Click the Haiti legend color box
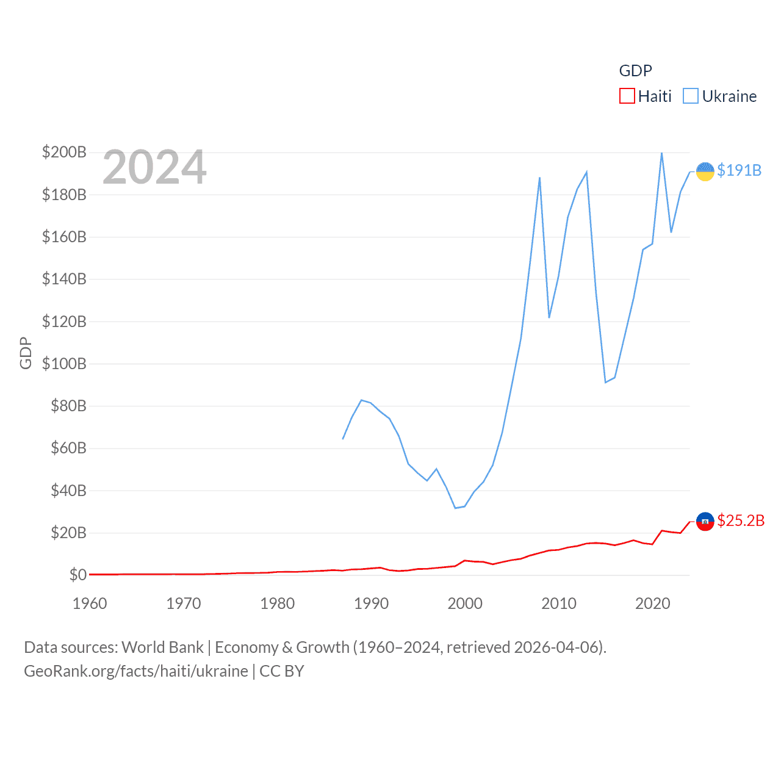pyautogui.click(x=627, y=96)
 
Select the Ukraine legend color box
pyautogui.click(x=691, y=96)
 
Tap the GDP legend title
pyautogui.click(x=635, y=71)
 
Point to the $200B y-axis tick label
pyautogui.click(x=64, y=152)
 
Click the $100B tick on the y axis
pyautogui.click(x=64, y=364)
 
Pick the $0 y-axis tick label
pyautogui.click(x=77, y=575)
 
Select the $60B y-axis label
pyautogui.click(x=68, y=448)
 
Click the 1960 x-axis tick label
pyautogui.click(x=90, y=603)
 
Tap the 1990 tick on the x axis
pyautogui.click(x=371, y=603)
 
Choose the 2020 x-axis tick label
pyautogui.click(x=652, y=603)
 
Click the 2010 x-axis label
pyautogui.click(x=559, y=603)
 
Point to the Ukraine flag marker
pyautogui.click(x=705, y=171)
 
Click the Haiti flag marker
pyautogui.click(x=705, y=521)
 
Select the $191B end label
pyautogui.click(x=739, y=170)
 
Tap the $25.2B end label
pyautogui.click(x=741, y=520)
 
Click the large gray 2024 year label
pyautogui.click(x=154, y=167)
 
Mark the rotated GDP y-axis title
pyautogui.click(x=26, y=353)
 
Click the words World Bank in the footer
pyautogui.click(x=163, y=647)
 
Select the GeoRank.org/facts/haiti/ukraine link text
pyautogui.click(x=136, y=671)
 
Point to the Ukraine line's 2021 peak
pyautogui.click(x=661, y=153)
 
